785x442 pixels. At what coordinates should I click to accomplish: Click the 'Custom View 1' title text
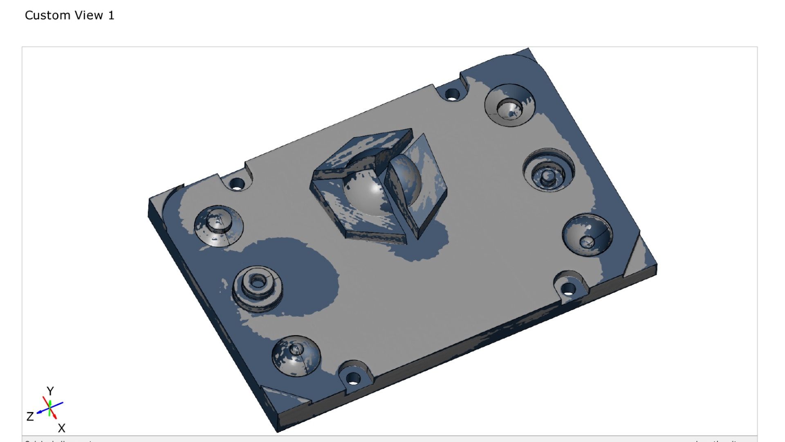pos(70,16)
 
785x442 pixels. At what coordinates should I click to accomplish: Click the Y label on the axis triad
pos(50,391)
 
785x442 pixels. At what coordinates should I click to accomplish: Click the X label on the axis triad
pos(61,428)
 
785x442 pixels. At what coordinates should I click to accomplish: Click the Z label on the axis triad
pos(30,417)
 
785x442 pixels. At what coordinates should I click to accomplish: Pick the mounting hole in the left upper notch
pos(237,184)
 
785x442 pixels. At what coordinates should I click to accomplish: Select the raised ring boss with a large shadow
pos(257,286)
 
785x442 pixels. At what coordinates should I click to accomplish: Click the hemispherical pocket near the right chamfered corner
pos(587,237)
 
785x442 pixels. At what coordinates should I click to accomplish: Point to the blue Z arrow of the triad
pos(41,412)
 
